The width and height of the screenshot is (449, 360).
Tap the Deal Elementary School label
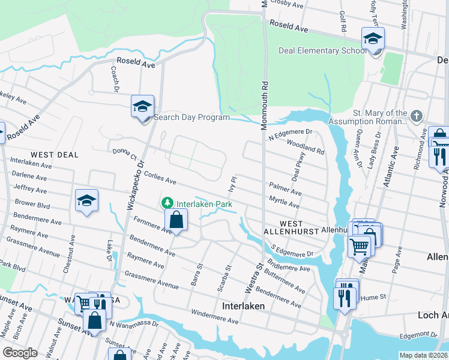click(x=322, y=50)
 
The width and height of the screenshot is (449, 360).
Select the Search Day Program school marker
click(x=143, y=108)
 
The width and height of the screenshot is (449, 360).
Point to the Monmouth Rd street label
click(x=264, y=106)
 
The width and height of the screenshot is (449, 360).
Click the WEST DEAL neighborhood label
click(x=53, y=155)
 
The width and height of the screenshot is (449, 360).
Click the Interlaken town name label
click(x=244, y=305)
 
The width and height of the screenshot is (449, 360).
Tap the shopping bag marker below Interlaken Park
click(x=176, y=220)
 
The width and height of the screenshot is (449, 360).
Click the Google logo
click(x=20, y=353)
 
